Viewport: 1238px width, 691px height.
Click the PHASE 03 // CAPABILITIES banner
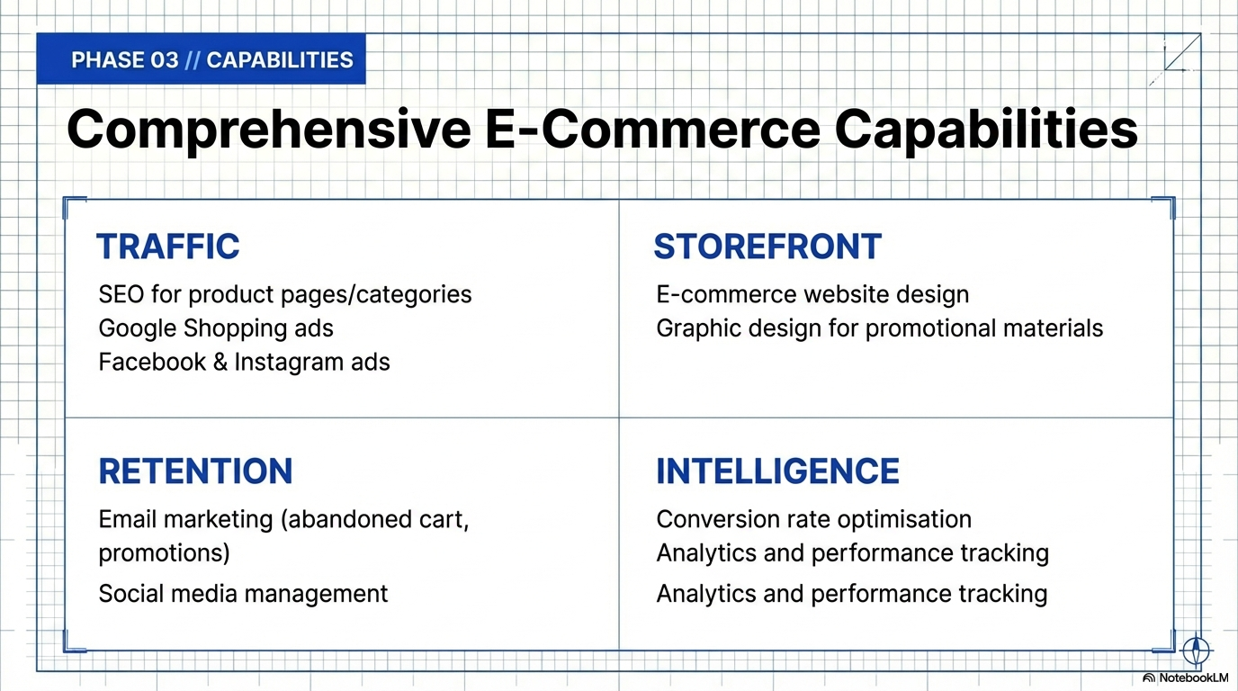point(202,59)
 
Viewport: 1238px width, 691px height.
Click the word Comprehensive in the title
point(269,130)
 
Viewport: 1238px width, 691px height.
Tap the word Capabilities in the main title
point(986,130)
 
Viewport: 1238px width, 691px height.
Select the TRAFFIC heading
point(168,247)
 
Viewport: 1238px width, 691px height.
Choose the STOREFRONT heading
point(767,247)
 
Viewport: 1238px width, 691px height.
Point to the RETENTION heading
point(195,471)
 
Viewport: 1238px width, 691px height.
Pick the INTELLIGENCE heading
point(777,471)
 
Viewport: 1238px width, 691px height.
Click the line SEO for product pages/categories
point(285,294)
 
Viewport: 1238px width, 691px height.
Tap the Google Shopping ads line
point(216,328)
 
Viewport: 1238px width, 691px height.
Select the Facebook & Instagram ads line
point(245,362)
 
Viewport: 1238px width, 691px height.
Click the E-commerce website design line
point(813,294)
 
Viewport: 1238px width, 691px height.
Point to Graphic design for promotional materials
point(880,328)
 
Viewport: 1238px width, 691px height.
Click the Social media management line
point(243,594)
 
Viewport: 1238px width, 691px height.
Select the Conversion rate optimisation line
point(814,520)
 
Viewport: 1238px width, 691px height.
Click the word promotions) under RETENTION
point(164,553)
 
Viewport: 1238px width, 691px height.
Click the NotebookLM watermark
point(1187,678)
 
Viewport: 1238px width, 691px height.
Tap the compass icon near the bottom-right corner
point(1196,650)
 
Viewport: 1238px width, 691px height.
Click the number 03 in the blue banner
point(164,59)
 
